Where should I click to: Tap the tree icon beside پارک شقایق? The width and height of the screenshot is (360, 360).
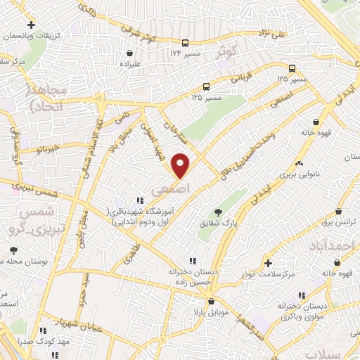click(219, 212)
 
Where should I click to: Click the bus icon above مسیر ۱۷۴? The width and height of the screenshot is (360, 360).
click(185, 42)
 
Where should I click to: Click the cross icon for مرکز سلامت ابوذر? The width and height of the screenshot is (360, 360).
click(268, 263)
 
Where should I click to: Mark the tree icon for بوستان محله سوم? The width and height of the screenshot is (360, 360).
click(13, 250)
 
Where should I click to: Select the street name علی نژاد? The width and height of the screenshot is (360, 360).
click(273, 32)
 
